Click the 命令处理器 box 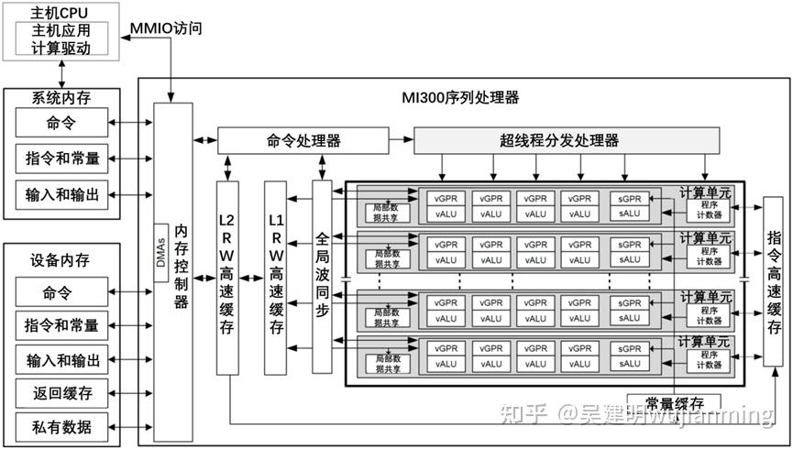pyautogui.click(x=303, y=140)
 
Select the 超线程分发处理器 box pyautogui.click(x=559, y=140)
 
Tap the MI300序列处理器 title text pyautogui.click(x=460, y=97)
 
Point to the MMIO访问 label pyautogui.click(x=165, y=27)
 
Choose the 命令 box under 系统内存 pyautogui.click(x=61, y=122)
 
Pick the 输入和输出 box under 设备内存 pyautogui.click(x=61, y=359)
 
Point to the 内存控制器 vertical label pyautogui.click(x=181, y=266)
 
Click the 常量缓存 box pyautogui.click(x=674, y=403)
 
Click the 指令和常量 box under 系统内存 pyautogui.click(x=61, y=159)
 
